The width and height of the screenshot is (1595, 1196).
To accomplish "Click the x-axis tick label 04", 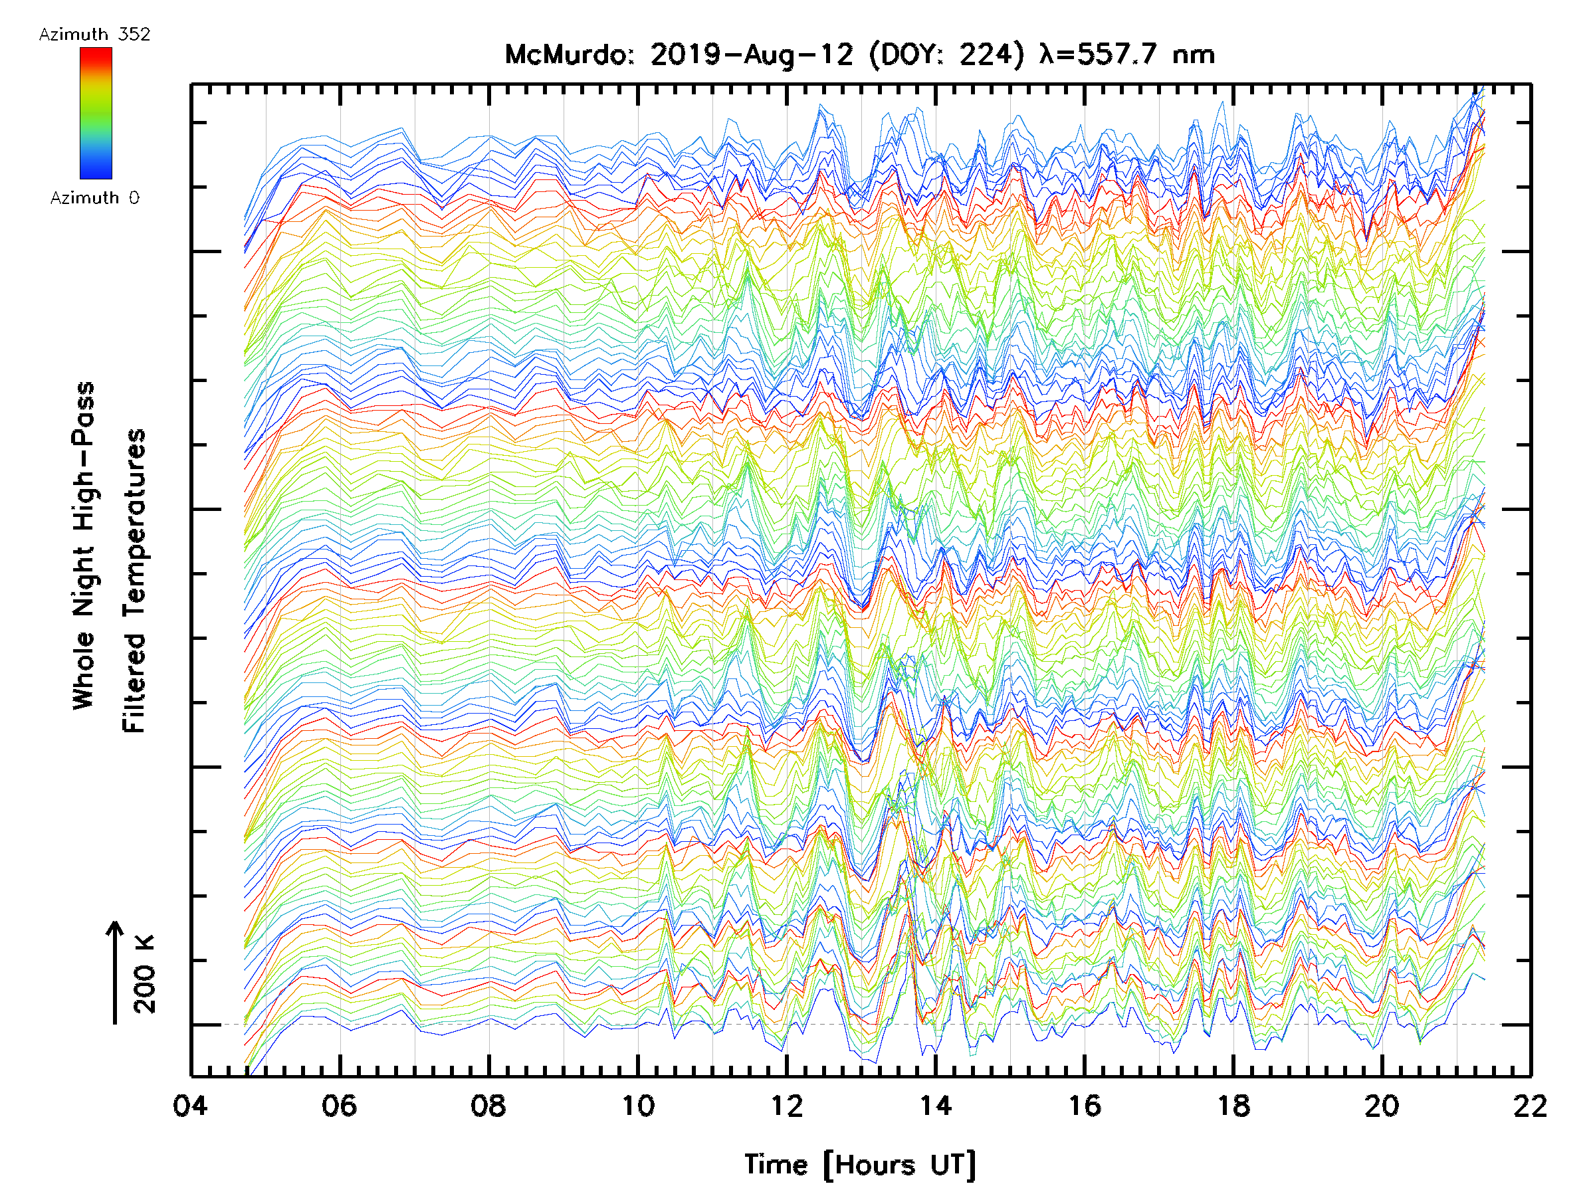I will click(190, 1105).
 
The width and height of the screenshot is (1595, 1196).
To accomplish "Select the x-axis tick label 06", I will click(339, 1105).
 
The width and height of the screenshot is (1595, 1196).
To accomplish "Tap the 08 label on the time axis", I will click(488, 1105).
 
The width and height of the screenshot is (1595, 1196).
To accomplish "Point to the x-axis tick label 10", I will click(637, 1105).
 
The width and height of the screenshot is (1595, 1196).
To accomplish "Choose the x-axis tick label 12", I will click(787, 1105).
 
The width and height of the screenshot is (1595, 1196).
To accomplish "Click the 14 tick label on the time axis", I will click(935, 1105).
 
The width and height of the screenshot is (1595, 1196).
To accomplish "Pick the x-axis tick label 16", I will click(1085, 1105).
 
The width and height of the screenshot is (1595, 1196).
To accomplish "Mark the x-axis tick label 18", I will click(1233, 1105).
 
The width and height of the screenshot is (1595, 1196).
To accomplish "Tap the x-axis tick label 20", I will click(1382, 1105).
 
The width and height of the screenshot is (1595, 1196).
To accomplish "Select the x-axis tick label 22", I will click(1530, 1105).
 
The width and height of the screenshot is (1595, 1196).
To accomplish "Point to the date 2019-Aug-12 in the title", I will click(752, 54).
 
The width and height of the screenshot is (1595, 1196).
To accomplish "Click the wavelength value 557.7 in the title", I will click(1118, 54).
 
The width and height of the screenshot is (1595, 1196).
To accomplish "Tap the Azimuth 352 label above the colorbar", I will click(94, 35).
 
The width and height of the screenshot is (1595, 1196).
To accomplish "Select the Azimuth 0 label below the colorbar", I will click(94, 197).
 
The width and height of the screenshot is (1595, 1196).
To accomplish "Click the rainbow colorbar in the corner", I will click(96, 113).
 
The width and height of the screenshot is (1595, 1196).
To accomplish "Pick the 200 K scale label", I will click(145, 974).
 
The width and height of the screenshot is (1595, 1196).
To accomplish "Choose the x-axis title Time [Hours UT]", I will click(859, 1165).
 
